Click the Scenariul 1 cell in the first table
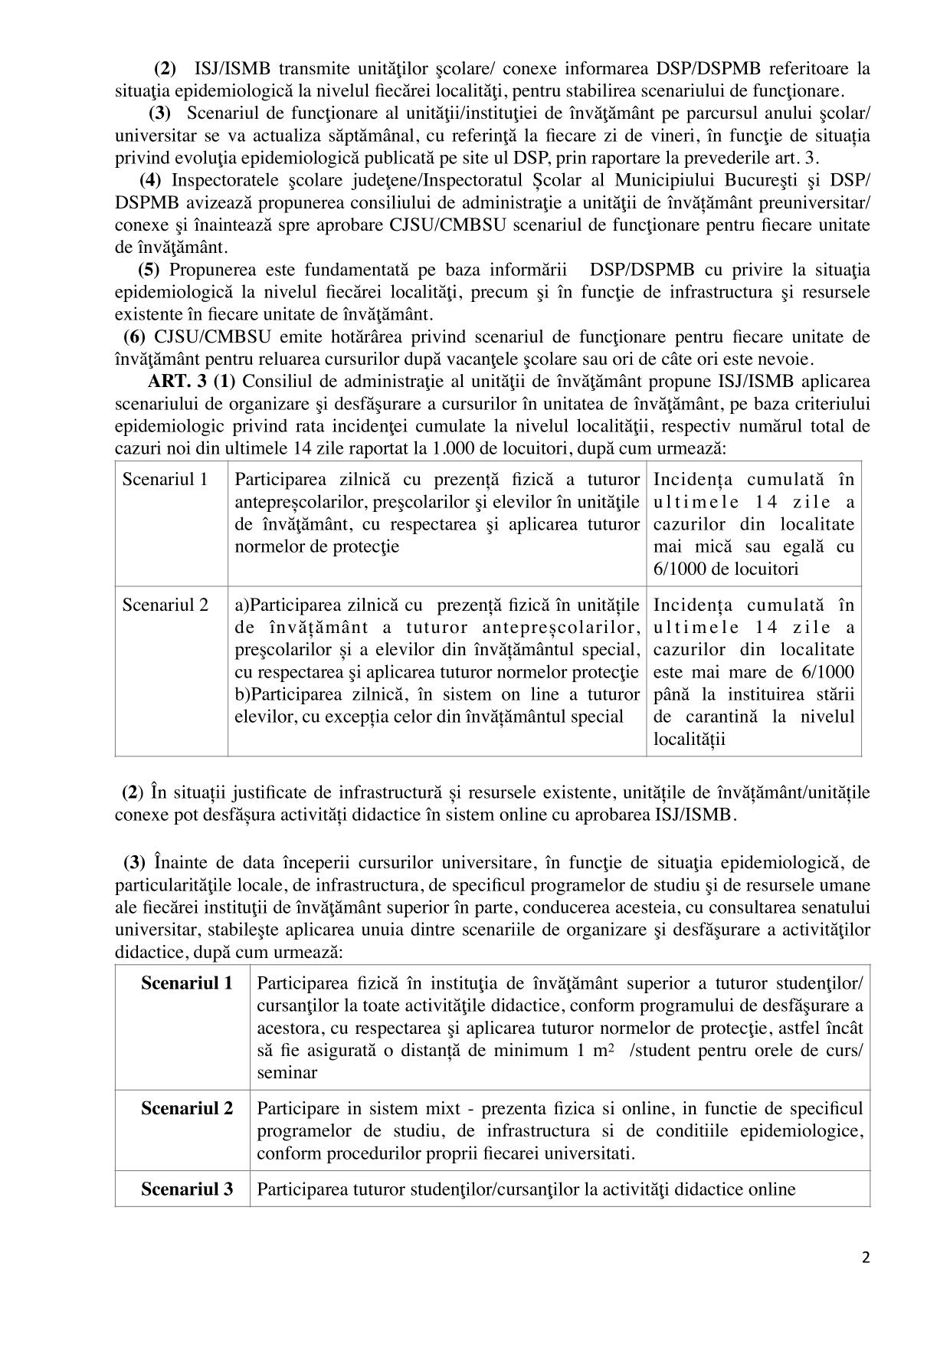coord(165,480)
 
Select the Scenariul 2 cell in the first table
coord(165,605)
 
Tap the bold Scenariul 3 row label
coord(186,1189)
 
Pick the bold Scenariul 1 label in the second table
coord(186,983)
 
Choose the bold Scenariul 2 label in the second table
coord(186,1108)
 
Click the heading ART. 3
coord(177,381)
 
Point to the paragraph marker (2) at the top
coord(165,68)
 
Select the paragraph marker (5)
coord(149,270)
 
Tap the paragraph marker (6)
coord(135,336)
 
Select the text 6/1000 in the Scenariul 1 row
coord(676,569)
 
